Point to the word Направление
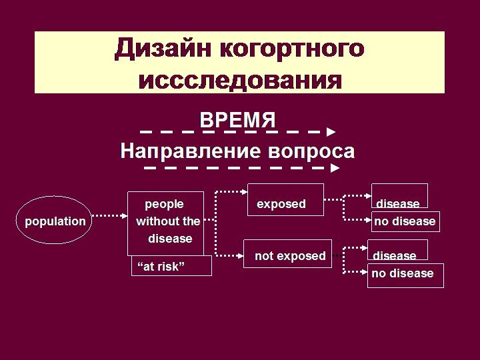coord(190,151)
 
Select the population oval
coord(55,221)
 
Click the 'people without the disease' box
coord(168,221)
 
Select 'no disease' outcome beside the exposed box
coord(405,221)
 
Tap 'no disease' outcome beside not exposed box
coord(405,273)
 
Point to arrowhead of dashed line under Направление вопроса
coord(335,169)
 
